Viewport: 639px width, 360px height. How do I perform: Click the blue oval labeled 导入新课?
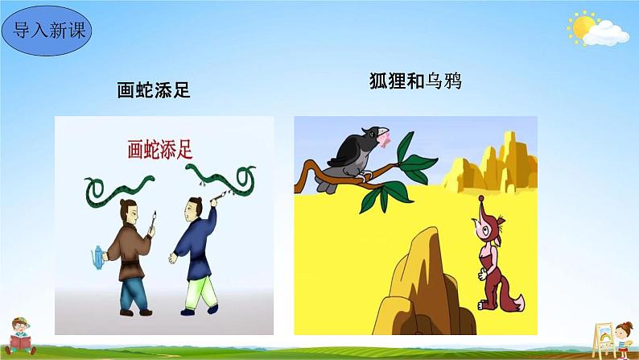47,31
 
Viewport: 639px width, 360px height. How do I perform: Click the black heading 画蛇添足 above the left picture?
153,91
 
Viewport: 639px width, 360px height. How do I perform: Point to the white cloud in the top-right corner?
608,33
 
